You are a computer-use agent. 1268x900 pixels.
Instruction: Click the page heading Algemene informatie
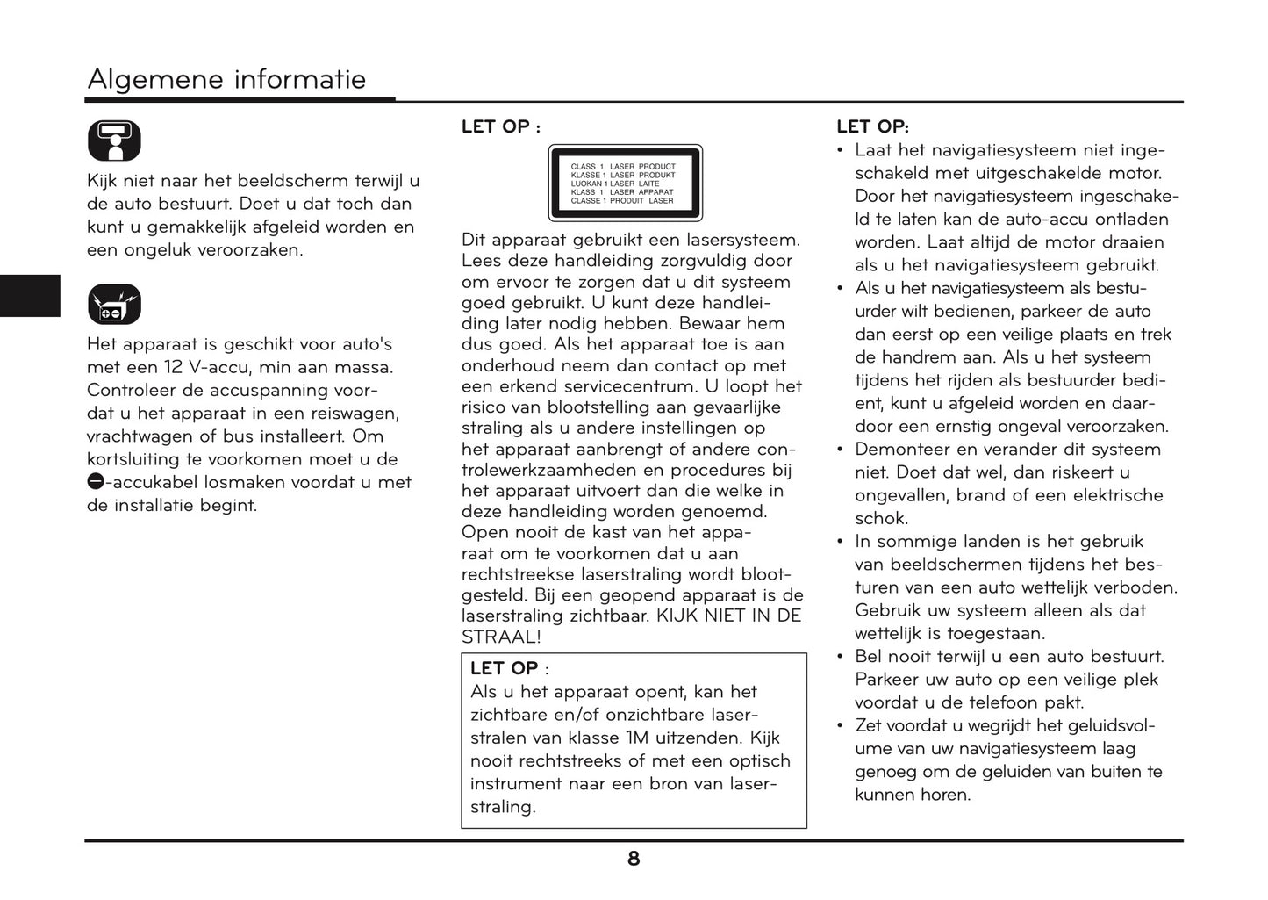226,80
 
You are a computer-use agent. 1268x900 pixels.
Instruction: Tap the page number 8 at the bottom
634,860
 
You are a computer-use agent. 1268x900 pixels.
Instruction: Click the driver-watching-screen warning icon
114,140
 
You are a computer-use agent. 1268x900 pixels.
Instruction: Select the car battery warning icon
114,305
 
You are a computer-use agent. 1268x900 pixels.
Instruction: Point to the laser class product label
625,183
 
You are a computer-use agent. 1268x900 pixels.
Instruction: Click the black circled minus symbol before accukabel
95,481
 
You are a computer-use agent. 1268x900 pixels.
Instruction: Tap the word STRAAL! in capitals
501,637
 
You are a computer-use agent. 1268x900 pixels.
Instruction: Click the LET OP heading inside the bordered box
505,668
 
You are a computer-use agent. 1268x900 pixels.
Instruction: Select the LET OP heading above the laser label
497,126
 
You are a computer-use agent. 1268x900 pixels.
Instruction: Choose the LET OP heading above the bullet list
872,126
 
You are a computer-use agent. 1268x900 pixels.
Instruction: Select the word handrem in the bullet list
915,357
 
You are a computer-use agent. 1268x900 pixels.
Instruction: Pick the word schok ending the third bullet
881,518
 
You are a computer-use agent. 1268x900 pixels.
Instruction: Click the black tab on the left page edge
30,295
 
